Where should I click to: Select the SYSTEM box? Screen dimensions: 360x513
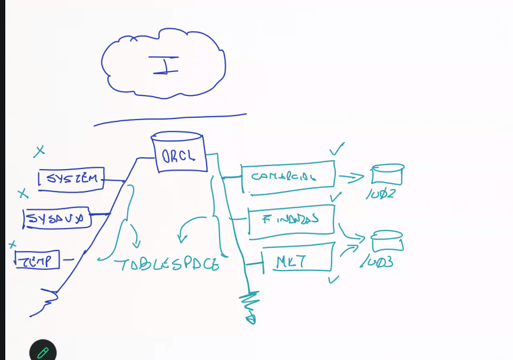71,179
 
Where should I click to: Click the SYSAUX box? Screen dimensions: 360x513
57,219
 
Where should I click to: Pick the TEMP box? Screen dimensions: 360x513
38,259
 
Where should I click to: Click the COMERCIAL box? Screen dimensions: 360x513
288,176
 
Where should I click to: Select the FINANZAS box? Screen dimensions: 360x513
291,220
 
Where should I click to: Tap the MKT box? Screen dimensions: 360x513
297,259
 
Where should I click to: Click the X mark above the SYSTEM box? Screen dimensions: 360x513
39,151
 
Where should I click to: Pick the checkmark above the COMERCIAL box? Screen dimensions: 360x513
337,148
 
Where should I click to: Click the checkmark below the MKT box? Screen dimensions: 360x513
333,278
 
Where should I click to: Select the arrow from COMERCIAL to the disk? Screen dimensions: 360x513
352,176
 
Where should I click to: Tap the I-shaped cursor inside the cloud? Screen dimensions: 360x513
166,65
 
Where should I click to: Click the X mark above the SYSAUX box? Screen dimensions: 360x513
23,193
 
